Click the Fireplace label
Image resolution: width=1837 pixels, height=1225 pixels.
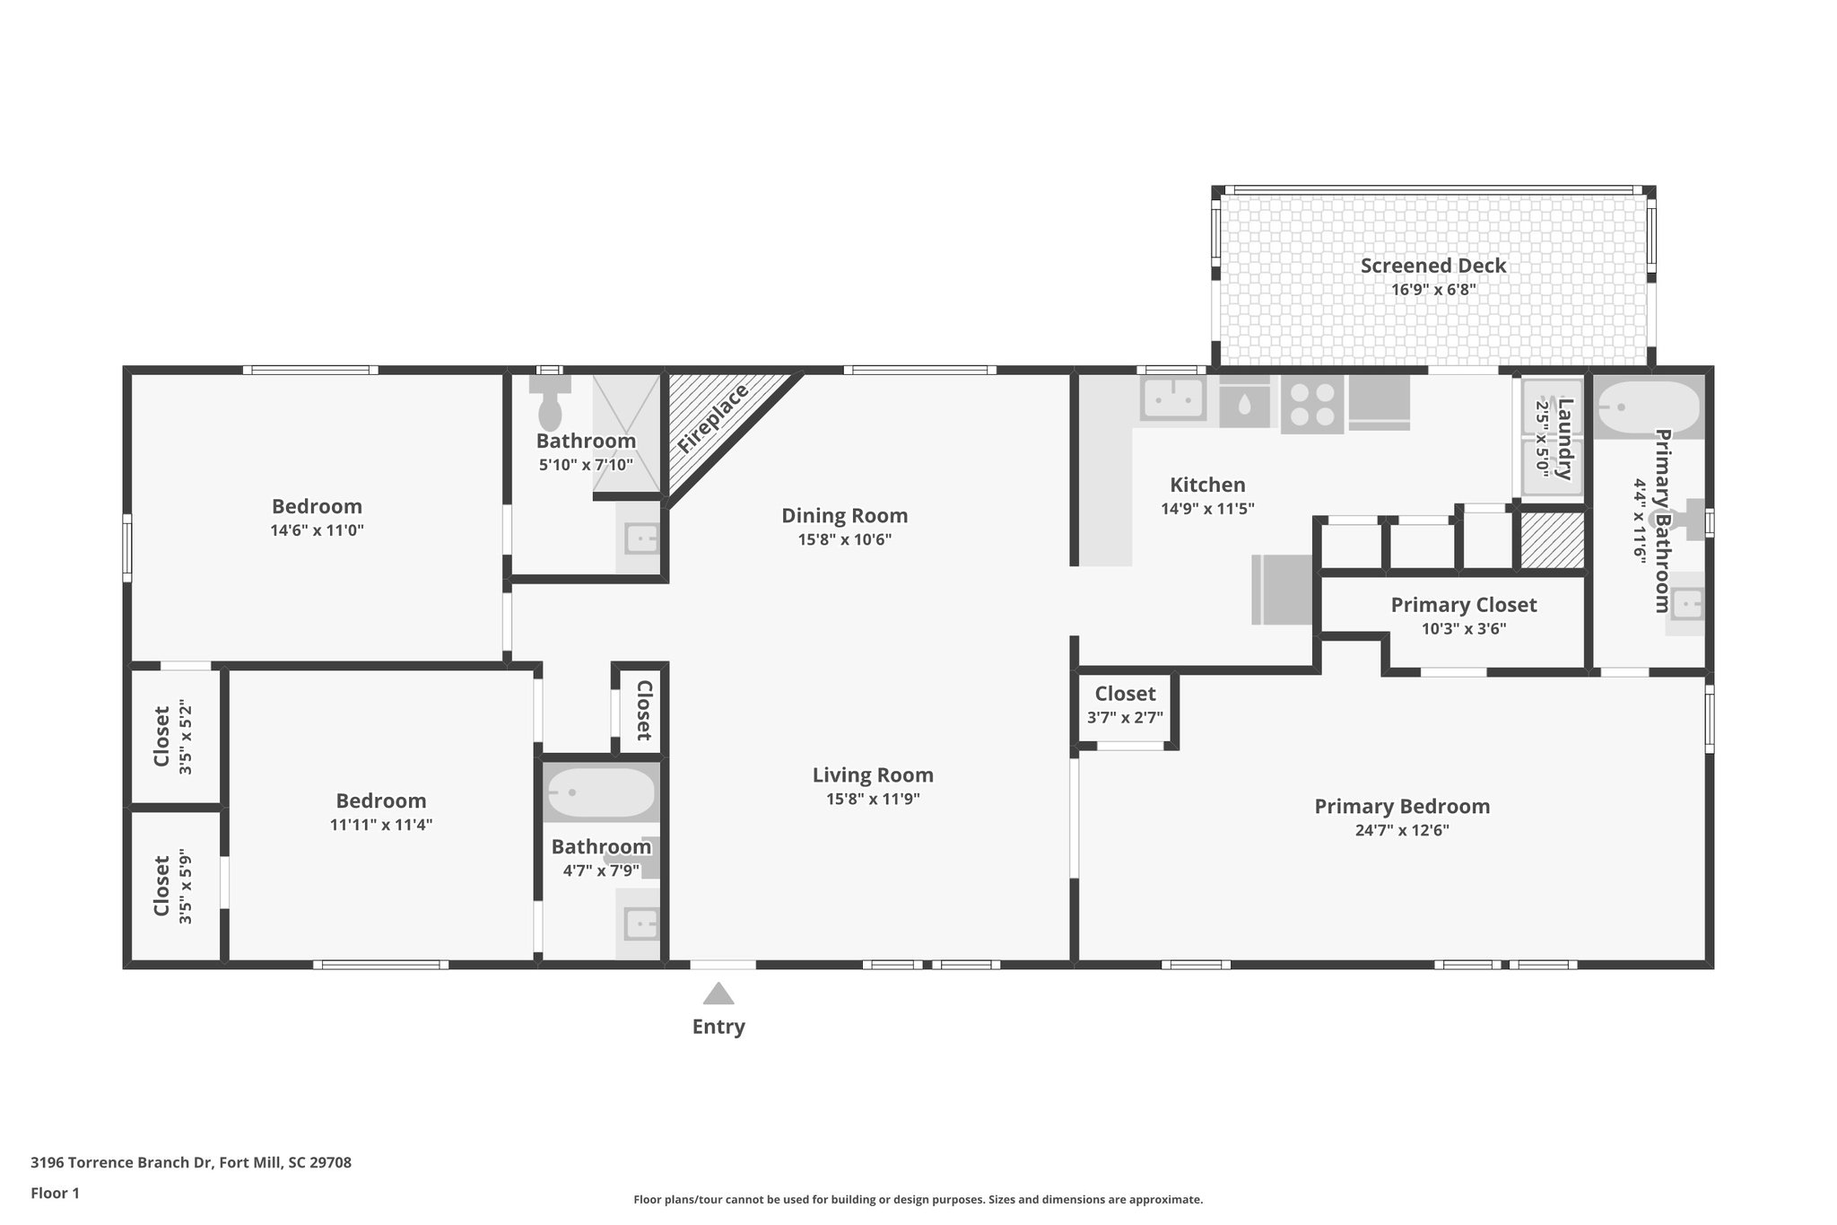713,419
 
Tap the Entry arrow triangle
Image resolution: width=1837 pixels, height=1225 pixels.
718,993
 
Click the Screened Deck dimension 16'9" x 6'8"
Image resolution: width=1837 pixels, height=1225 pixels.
1433,290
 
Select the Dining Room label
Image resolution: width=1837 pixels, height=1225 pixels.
844,516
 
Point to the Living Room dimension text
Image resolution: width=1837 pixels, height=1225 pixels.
873,800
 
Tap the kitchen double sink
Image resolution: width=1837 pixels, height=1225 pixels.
1172,398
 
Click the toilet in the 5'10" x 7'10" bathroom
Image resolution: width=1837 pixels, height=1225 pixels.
549,402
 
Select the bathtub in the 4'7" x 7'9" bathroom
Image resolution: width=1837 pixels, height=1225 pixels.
601,792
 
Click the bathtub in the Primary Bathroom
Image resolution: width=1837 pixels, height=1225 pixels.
1649,408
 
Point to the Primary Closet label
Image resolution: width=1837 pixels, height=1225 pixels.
1464,605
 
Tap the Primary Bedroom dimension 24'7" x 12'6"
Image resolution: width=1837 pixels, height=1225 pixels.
1402,831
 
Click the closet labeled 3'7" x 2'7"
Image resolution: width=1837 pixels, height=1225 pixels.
1126,705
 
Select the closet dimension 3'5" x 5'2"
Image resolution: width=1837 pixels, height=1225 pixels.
186,737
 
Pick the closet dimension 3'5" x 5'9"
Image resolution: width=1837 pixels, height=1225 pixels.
186,886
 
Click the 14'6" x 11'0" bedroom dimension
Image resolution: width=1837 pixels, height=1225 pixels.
317,530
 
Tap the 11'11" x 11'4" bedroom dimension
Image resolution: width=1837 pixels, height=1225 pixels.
381,825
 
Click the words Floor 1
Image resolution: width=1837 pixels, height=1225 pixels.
55,1194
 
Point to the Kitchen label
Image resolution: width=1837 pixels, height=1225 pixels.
1207,485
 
